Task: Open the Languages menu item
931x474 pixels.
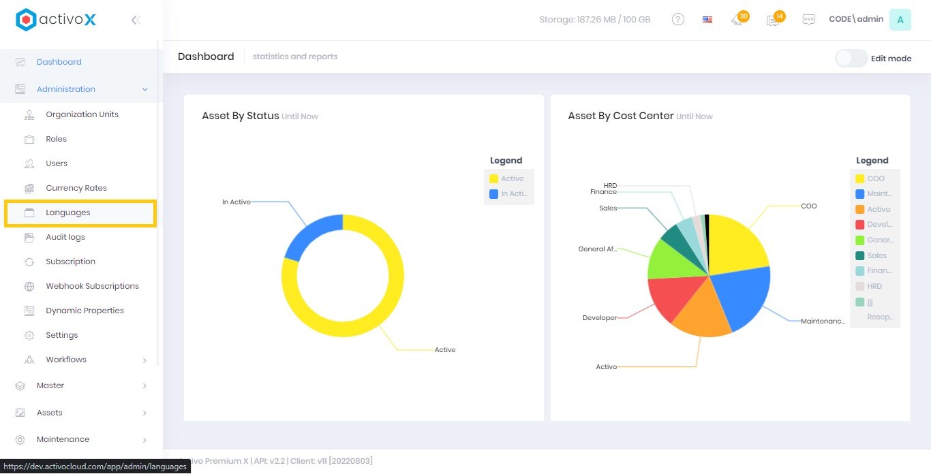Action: [68, 212]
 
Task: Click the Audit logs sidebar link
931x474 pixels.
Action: [65, 237]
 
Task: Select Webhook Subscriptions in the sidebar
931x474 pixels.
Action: [92, 286]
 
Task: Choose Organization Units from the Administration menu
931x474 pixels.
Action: [82, 114]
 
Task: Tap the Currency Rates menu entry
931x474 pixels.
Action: [76, 188]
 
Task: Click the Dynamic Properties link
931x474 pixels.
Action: [85, 311]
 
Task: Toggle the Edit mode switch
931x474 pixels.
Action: [851, 59]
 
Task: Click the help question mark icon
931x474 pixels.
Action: [678, 20]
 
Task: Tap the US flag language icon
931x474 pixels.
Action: [707, 20]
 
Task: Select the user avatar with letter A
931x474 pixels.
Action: [900, 20]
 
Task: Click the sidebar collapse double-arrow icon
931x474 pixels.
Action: [136, 20]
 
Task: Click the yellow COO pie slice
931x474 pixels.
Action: [736, 242]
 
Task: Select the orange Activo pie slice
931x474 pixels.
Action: [702, 313]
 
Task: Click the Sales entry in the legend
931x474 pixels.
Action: [876, 255]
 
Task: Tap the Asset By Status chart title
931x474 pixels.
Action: [241, 116]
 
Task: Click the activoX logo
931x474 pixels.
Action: [56, 20]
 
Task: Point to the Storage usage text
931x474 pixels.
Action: [594, 20]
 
